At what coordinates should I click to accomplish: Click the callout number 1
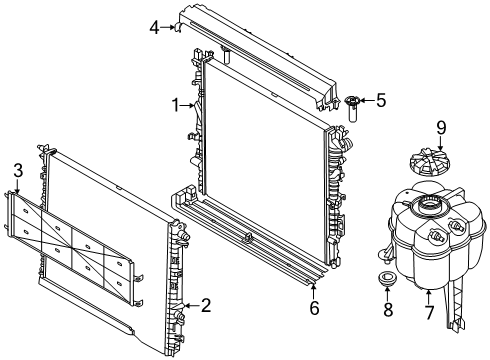pyautogui.click(x=176, y=105)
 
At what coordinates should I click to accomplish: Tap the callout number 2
pyautogui.click(x=206, y=305)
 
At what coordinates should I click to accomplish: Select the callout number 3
pyautogui.click(x=18, y=170)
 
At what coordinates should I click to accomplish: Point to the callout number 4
pyautogui.click(x=154, y=28)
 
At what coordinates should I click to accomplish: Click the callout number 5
pyautogui.click(x=381, y=100)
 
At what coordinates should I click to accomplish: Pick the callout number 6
pyautogui.click(x=314, y=308)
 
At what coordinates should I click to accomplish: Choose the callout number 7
pyautogui.click(x=429, y=313)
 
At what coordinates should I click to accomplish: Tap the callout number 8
pyautogui.click(x=388, y=310)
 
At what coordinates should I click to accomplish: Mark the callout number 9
pyautogui.click(x=441, y=128)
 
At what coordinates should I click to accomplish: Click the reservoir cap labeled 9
pyautogui.click(x=429, y=163)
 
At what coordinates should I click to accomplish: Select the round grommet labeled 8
pyautogui.click(x=387, y=278)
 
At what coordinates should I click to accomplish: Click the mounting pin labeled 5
pyautogui.click(x=351, y=108)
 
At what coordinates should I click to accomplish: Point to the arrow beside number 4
pyautogui.click(x=168, y=27)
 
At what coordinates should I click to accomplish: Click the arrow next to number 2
pyautogui.click(x=192, y=305)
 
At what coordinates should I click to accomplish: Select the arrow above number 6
pyautogui.click(x=313, y=291)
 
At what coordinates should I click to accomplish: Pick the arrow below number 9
pyautogui.click(x=441, y=143)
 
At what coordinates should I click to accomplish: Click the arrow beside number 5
pyautogui.click(x=367, y=100)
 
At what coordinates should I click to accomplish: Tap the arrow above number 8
pyautogui.click(x=387, y=293)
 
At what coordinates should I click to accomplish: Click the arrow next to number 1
pyautogui.click(x=187, y=106)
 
